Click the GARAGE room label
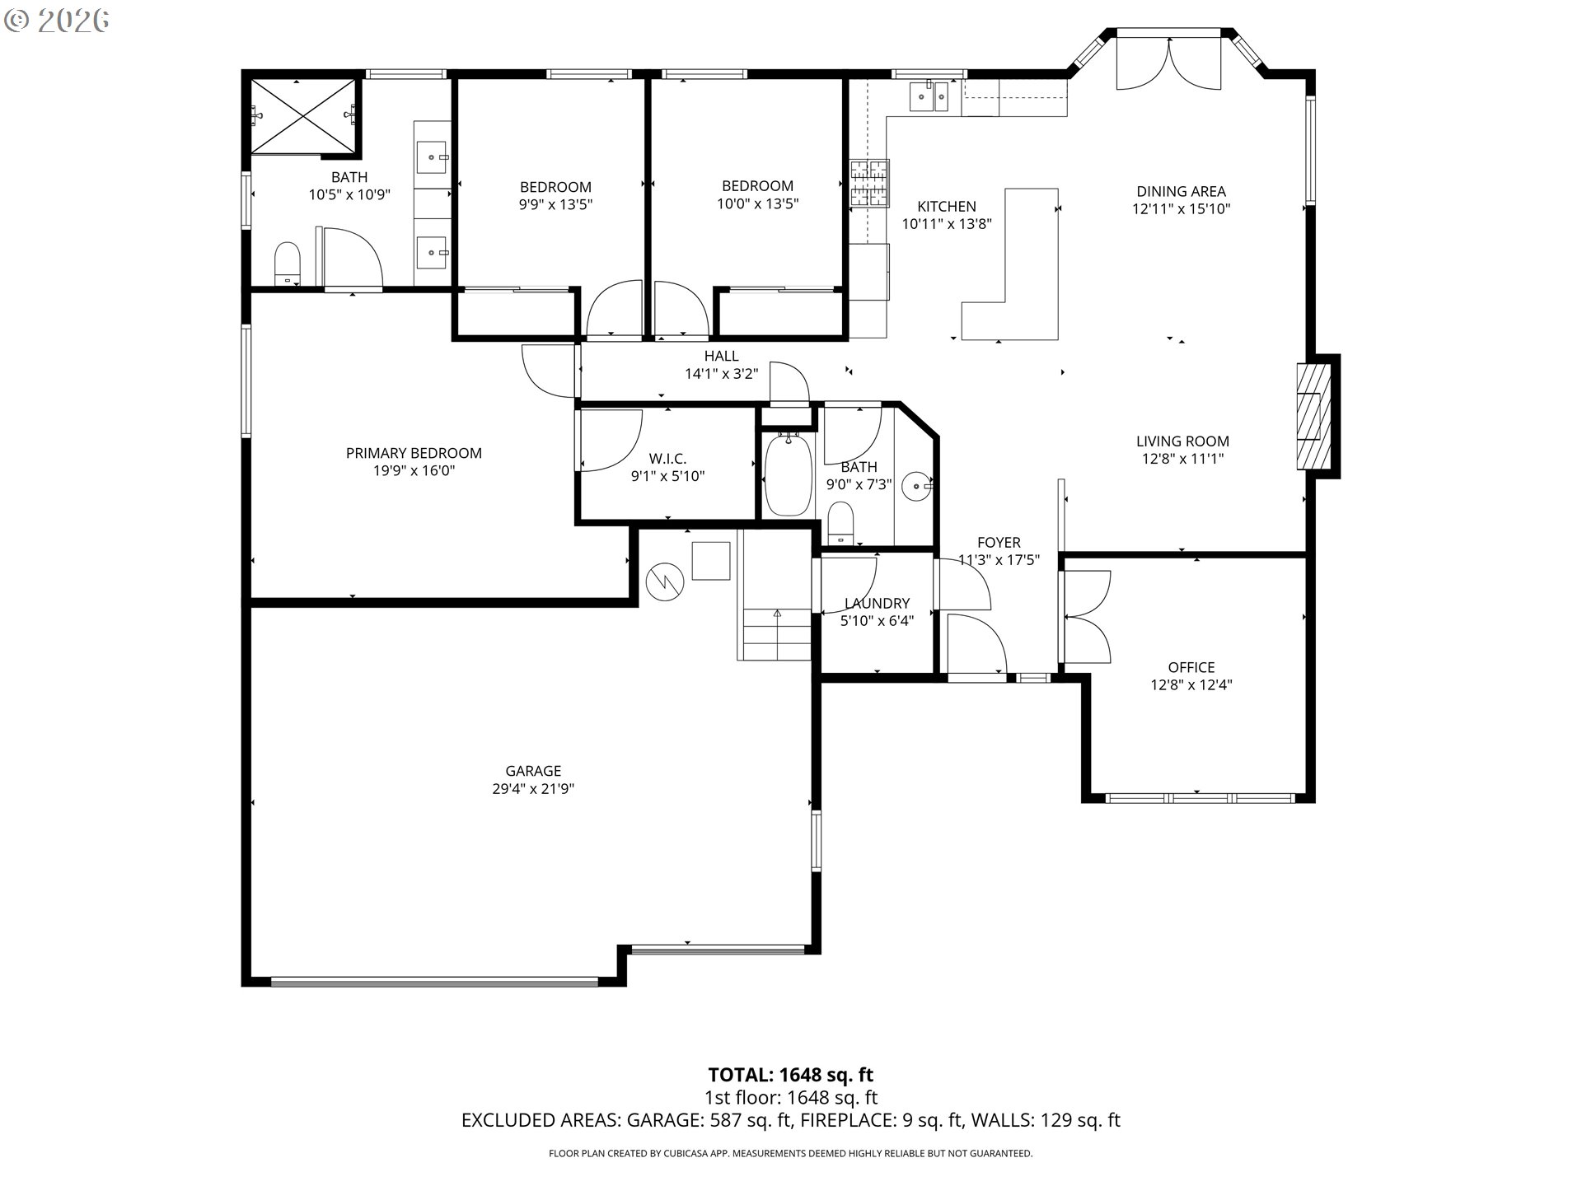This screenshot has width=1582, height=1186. tap(533, 771)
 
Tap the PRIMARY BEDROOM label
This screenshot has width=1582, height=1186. tap(414, 453)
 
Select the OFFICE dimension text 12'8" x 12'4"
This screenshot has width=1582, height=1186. tap(1191, 684)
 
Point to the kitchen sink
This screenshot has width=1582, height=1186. tap(930, 96)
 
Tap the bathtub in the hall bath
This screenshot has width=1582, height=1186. tap(789, 476)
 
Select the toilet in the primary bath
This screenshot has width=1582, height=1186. tap(287, 264)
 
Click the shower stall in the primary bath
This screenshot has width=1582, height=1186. tap(305, 116)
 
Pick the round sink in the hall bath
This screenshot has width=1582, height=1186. tap(916, 486)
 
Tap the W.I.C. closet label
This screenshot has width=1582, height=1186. tap(667, 459)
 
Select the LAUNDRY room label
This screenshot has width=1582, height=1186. tap(877, 603)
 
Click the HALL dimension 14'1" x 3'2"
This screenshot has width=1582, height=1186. tap(722, 374)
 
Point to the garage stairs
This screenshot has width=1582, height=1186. tap(775, 633)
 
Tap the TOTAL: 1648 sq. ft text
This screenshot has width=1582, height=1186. tap(791, 1075)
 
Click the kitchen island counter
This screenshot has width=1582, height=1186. tap(1018, 272)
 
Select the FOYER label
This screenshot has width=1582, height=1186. tap(999, 542)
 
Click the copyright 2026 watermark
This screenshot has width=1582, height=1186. tap(56, 21)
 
